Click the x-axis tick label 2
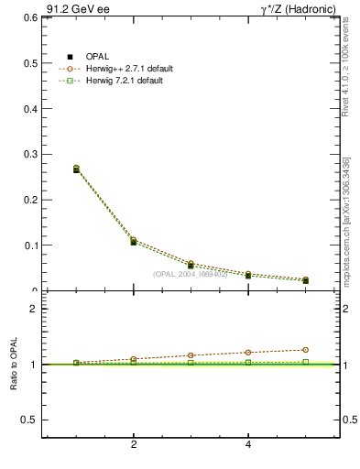134,445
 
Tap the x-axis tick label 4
248,445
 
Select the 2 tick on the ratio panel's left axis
33,309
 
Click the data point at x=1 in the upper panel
76,169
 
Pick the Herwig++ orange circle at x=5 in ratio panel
305,350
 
